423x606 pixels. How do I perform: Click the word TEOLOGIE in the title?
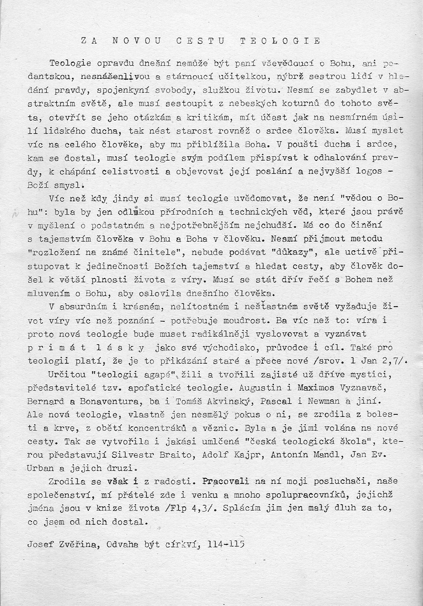(280, 41)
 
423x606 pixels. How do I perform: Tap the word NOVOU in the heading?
(136, 41)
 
